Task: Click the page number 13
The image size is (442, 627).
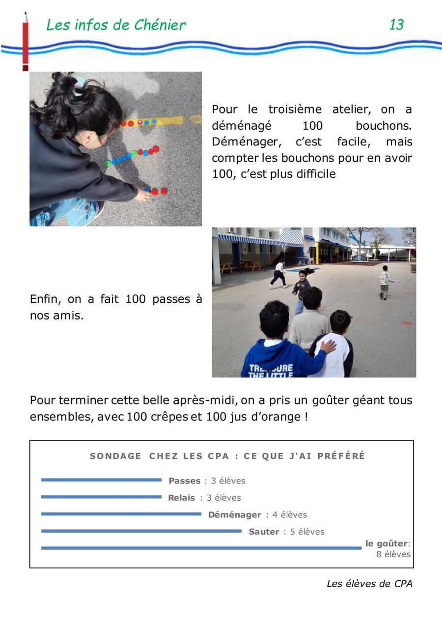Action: click(396, 25)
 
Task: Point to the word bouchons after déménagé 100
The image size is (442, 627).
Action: click(384, 125)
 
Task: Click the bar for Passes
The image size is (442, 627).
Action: click(101, 480)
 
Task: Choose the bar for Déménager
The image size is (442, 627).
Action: click(121, 514)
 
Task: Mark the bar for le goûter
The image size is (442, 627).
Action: click(201, 548)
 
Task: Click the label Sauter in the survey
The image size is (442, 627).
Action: click(264, 532)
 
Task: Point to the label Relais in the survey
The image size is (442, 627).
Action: click(181, 498)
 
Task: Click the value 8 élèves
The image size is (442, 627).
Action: click(393, 554)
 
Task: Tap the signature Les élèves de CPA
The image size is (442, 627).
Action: click(369, 584)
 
